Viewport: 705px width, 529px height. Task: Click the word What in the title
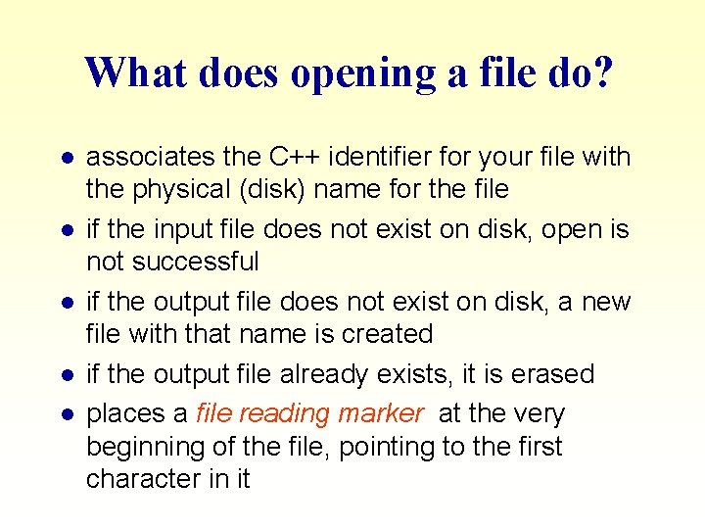point(129,73)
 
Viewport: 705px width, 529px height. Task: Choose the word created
point(387,334)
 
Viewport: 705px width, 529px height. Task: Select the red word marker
point(380,414)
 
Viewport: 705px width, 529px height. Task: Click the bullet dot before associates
point(65,158)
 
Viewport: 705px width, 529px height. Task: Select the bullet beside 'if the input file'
point(65,230)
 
